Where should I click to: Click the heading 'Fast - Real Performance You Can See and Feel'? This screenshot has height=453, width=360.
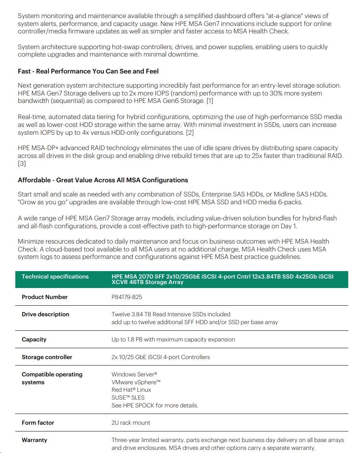tap(88, 71)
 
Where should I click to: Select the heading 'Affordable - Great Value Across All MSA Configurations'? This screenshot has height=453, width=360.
tap(103, 180)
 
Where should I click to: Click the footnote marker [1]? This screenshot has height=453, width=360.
tap(209, 101)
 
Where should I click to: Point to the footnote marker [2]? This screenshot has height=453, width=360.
tap(190, 132)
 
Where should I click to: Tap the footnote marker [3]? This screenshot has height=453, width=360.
tap(22, 163)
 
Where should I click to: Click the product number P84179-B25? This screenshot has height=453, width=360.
tap(127, 297)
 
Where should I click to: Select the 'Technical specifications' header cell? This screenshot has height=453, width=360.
tap(55, 277)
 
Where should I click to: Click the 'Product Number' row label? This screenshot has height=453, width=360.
tap(44, 297)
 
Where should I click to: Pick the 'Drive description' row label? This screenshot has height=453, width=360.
tap(45, 314)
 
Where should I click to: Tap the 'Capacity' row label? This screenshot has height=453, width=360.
tap(34, 339)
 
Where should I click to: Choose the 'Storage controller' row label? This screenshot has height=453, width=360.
tap(47, 357)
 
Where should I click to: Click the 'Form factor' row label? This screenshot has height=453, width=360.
tap(38, 423)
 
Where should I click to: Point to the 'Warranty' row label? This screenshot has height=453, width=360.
tap(34, 440)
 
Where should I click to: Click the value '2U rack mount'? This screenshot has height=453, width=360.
tap(130, 423)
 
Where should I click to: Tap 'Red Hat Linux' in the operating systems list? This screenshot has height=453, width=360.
tap(131, 390)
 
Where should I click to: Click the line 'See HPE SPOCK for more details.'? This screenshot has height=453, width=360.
tap(154, 405)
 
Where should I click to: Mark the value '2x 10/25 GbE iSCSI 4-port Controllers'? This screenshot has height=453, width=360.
tap(160, 357)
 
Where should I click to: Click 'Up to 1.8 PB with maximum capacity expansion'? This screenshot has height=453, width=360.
tap(173, 339)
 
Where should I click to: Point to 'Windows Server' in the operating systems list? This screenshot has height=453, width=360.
tap(134, 374)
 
